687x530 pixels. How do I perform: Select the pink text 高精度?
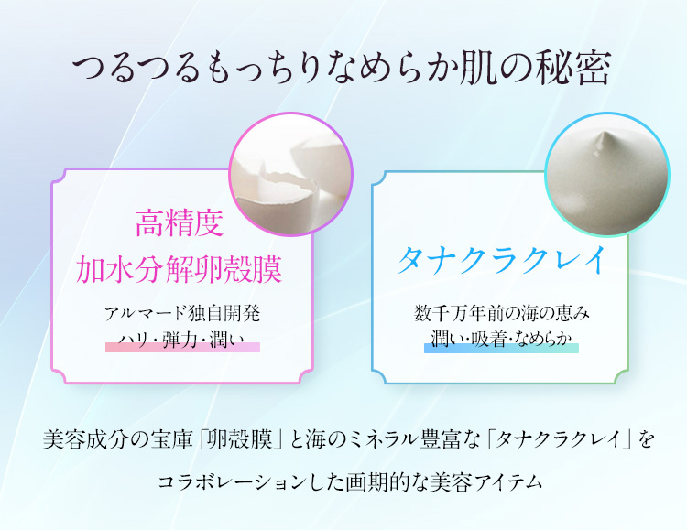point(180,222)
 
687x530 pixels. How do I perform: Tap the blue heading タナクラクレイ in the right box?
point(501,260)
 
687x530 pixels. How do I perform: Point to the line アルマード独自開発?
point(182,313)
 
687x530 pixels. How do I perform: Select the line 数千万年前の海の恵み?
point(501,313)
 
